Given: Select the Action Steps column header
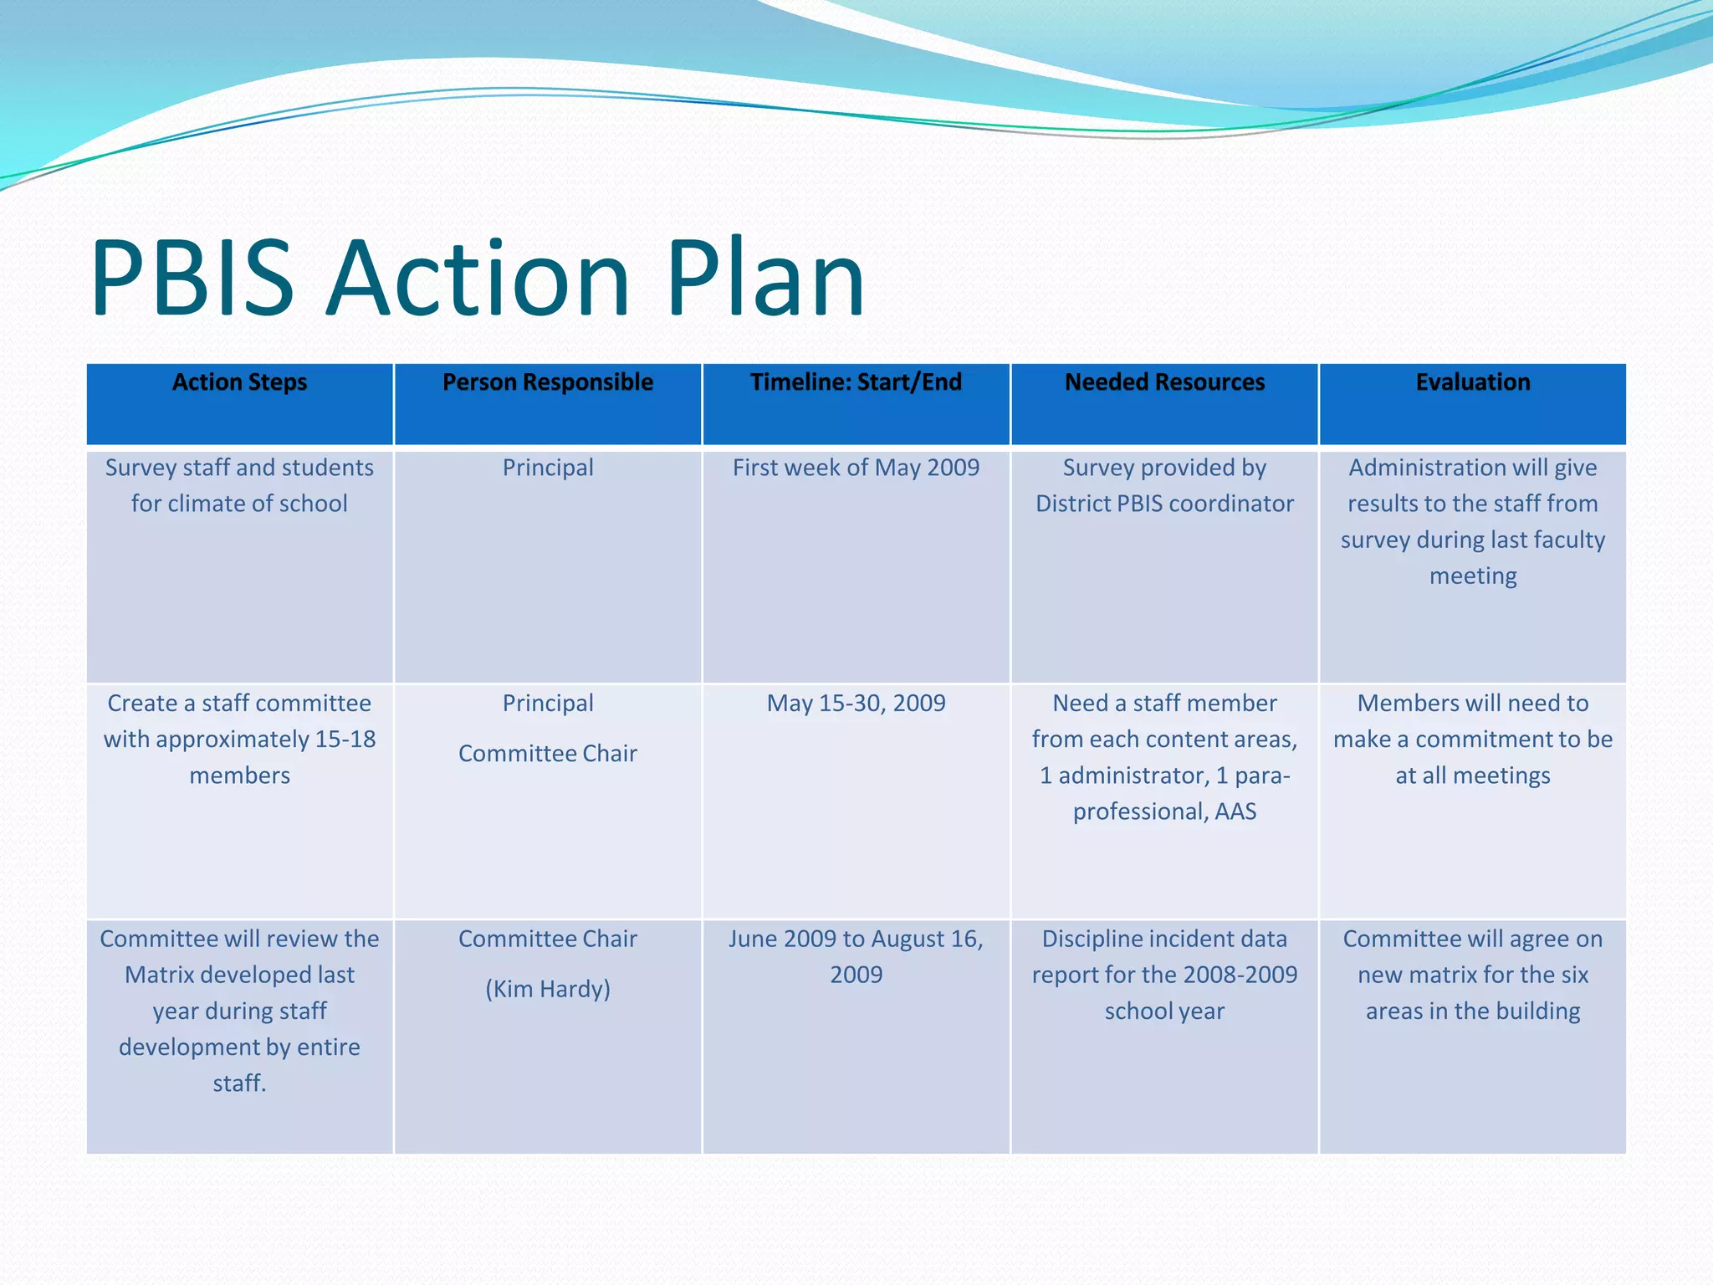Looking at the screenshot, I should click(239, 382).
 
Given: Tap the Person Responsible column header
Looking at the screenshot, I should click(548, 382).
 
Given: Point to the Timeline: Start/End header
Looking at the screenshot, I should click(856, 382).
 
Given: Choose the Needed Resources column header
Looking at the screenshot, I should click(1164, 382).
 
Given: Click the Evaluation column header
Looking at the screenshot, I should click(1472, 382).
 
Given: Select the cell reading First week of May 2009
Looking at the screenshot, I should click(856, 468).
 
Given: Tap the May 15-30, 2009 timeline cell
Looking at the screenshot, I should click(856, 704).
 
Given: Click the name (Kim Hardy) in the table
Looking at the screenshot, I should click(548, 989).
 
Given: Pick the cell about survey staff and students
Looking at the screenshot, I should click(239, 485).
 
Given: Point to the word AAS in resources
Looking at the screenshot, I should click(1235, 811).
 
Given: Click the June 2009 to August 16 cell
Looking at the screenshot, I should click(856, 956).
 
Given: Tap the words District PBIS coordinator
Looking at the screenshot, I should click(1164, 504).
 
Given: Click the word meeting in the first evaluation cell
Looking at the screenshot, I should click(1472, 576).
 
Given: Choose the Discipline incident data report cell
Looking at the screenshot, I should click(1164, 975).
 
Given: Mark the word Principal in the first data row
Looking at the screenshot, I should click(548, 468).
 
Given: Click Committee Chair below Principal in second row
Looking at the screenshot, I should click(548, 754).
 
